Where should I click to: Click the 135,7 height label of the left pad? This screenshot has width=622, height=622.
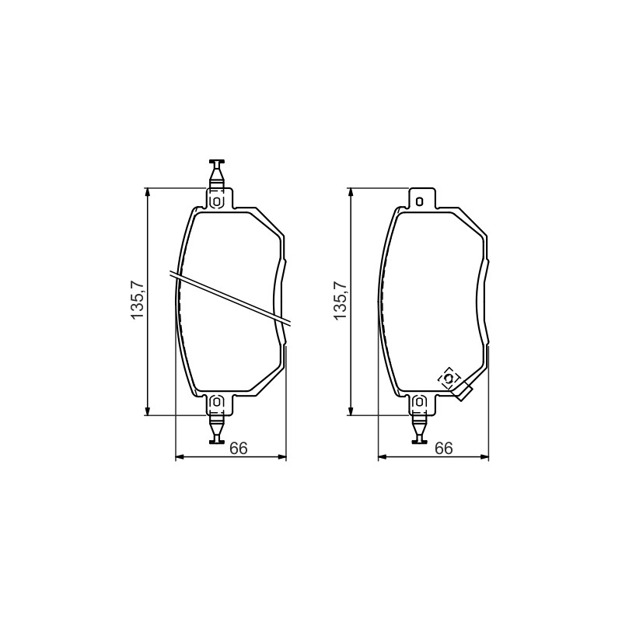pos(138,300)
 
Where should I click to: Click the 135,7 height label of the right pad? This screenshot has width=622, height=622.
pos(341,300)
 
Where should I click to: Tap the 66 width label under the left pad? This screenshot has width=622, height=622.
pos(239,449)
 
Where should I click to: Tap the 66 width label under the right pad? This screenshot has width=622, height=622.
pos(443,449)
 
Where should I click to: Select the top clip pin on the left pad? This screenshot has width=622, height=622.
pos(217,173)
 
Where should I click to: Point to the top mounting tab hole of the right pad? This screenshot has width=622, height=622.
pos(419,201)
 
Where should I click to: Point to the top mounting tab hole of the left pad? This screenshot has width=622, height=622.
pos(217,201)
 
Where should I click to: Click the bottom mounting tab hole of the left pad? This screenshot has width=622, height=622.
pos(217,402)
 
